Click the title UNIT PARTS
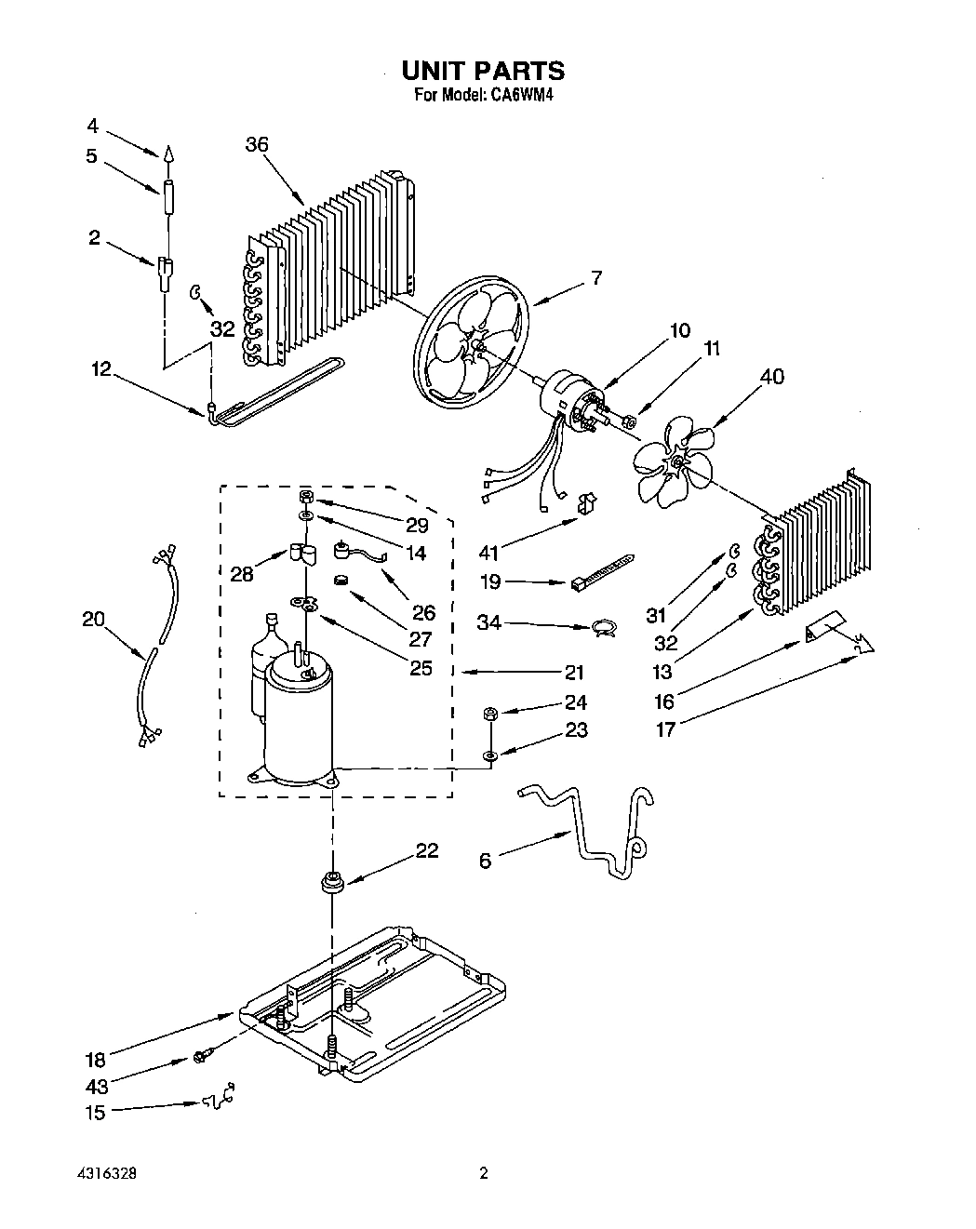tap(483, 71)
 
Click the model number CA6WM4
tap(516, 95)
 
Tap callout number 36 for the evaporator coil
tap(257, 144)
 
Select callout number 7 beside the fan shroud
tap(595, 277)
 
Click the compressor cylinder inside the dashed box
tap(298, 716)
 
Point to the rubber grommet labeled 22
tap(331, 880)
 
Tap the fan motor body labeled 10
tap(563, 394)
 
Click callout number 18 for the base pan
tap(96, 1059)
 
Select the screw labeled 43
tap(201, 1056)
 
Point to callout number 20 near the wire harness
tap(93, 619)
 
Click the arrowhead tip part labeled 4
tap(168, 154)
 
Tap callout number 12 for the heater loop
tap(100, 369)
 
